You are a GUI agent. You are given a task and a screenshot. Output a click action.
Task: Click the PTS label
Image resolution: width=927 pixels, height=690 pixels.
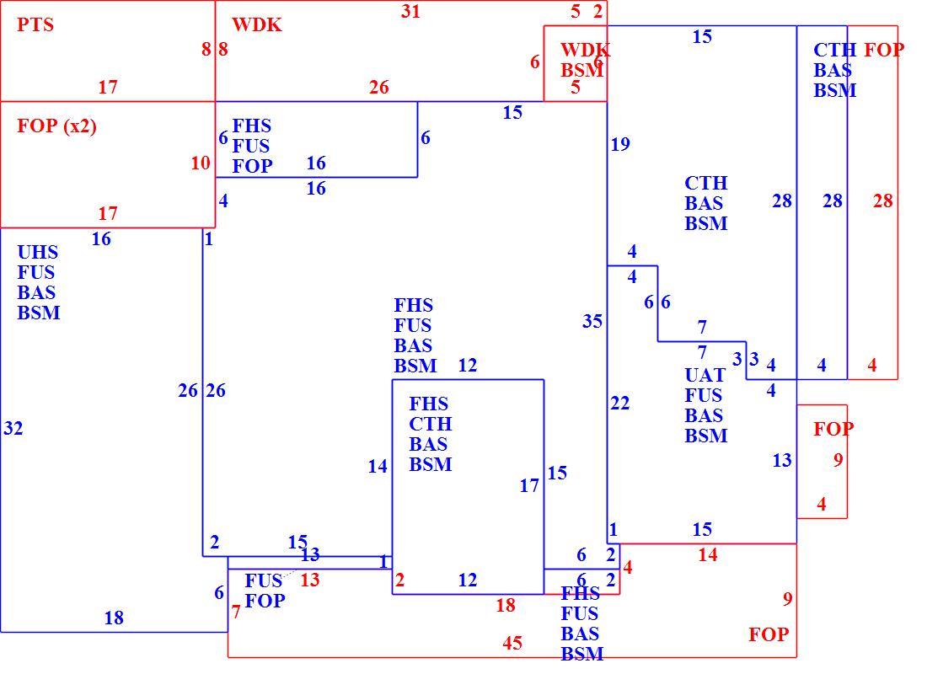click(x=35, y=24)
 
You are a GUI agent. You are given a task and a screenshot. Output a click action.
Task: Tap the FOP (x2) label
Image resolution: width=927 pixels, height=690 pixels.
click(x=56, y=126)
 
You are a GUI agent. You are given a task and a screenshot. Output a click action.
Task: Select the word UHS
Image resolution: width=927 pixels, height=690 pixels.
click(x=38, y=253)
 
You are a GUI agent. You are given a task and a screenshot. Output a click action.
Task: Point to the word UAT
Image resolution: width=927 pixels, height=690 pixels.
click(x=705, y=376)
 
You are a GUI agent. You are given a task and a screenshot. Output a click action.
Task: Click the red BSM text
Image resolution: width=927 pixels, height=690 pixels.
click(x=581, y=71)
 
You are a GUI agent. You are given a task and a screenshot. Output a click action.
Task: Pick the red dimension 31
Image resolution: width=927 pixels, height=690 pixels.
click(x=410, y=11)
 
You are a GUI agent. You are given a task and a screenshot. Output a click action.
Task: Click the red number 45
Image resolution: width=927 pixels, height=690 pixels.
click(x=512, y=644)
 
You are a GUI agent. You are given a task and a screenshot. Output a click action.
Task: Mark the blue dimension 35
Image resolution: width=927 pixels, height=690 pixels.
click(x=592, y=322)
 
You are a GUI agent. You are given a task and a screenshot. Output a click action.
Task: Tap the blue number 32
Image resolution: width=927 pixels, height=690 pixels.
click(x=13, y=428)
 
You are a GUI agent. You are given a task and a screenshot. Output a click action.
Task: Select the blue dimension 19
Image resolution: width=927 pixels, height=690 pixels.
click(x=620, y=144)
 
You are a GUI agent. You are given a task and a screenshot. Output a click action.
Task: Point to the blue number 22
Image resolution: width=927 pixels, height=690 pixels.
click(x=620, y=404)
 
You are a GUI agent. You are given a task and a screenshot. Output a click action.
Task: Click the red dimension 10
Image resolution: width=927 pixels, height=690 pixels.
click(x=201, y=163)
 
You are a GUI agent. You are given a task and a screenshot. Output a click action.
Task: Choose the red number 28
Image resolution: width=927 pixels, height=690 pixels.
click(x=882, y=201)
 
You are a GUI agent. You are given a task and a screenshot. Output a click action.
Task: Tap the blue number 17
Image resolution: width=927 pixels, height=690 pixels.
click(x=529, y=486)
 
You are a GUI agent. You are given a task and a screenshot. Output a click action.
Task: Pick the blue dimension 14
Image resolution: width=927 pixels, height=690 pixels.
click(x=378, y=467)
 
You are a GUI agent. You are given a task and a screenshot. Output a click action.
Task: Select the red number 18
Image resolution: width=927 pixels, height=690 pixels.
click(x=506, y=606)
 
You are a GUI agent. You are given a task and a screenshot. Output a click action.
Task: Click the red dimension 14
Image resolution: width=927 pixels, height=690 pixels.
click(x=708, y=555)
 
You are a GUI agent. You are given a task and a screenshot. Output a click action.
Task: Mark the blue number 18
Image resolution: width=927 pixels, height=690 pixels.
click(x=114, y=618)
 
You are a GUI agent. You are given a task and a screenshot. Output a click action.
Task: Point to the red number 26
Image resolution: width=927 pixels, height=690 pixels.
click(x=379, y=88)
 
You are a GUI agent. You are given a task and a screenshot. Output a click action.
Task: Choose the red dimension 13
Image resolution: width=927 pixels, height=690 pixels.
click(x=310, y=580)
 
